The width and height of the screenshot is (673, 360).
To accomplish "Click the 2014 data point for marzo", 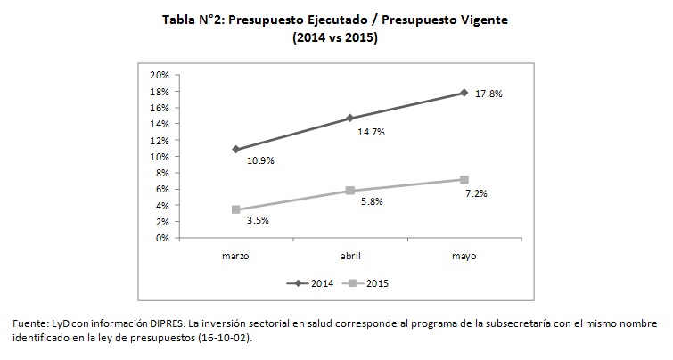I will coord(235,149).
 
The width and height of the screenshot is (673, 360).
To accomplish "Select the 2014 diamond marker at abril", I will coord(349,118).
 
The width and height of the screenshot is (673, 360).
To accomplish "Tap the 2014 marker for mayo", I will coord(464,93).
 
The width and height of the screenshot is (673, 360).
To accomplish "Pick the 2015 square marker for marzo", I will coord(235,209).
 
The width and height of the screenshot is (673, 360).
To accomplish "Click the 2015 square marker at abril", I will coord(349,191).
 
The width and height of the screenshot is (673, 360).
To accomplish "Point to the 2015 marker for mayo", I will coord(464,179).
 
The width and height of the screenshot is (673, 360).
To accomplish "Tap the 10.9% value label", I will coord(259,161).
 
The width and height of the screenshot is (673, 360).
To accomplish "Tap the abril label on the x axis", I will coord(349,256).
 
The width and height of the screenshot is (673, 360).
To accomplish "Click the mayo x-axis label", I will coord(464,256).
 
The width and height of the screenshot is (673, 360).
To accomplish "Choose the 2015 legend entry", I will coord(377,283).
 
